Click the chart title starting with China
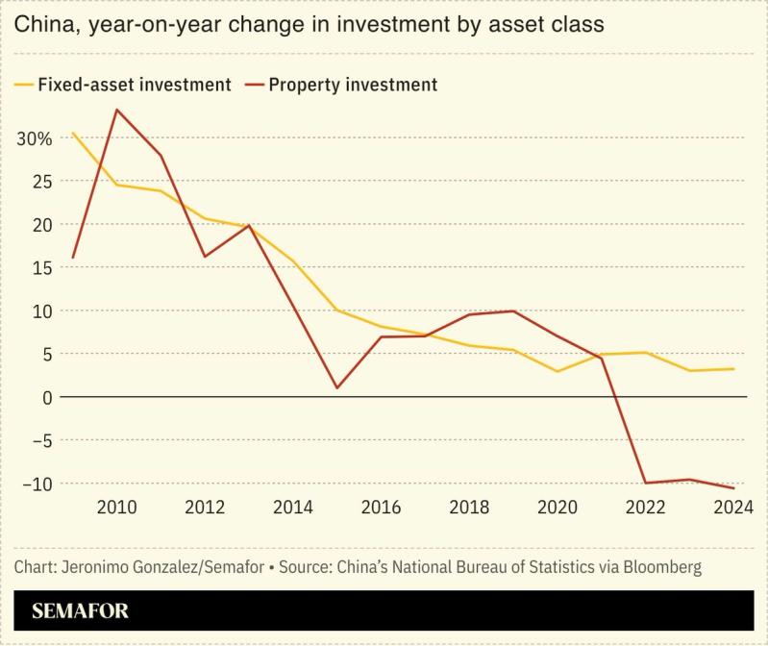click(309, 25)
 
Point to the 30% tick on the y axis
click(34, 138)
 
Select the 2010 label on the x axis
click(116, 508)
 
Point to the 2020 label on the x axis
click(557, 508)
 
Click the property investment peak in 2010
click(116, 110)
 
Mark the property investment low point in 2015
click(336, 387)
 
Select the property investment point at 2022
click(646, 483)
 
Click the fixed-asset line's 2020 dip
click(557, 371)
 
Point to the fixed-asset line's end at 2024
click(734, 369)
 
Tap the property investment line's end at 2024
click(734, 488)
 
